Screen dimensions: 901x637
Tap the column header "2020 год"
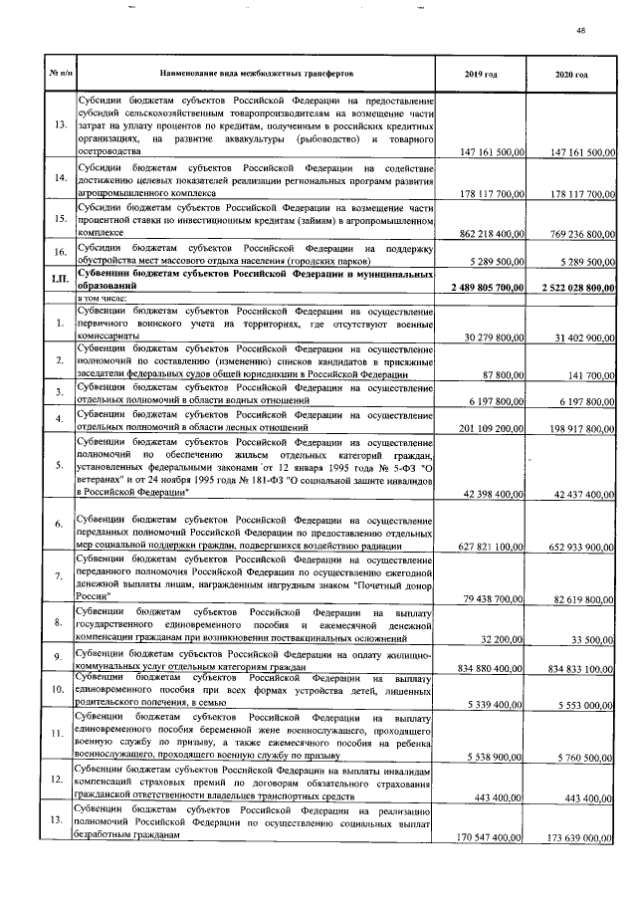(571, 75)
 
